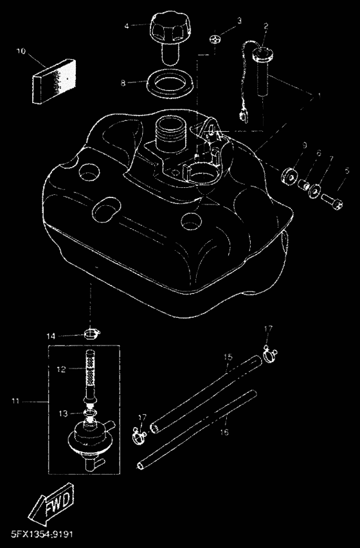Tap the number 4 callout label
127,25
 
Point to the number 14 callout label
51,336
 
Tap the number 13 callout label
63,413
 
